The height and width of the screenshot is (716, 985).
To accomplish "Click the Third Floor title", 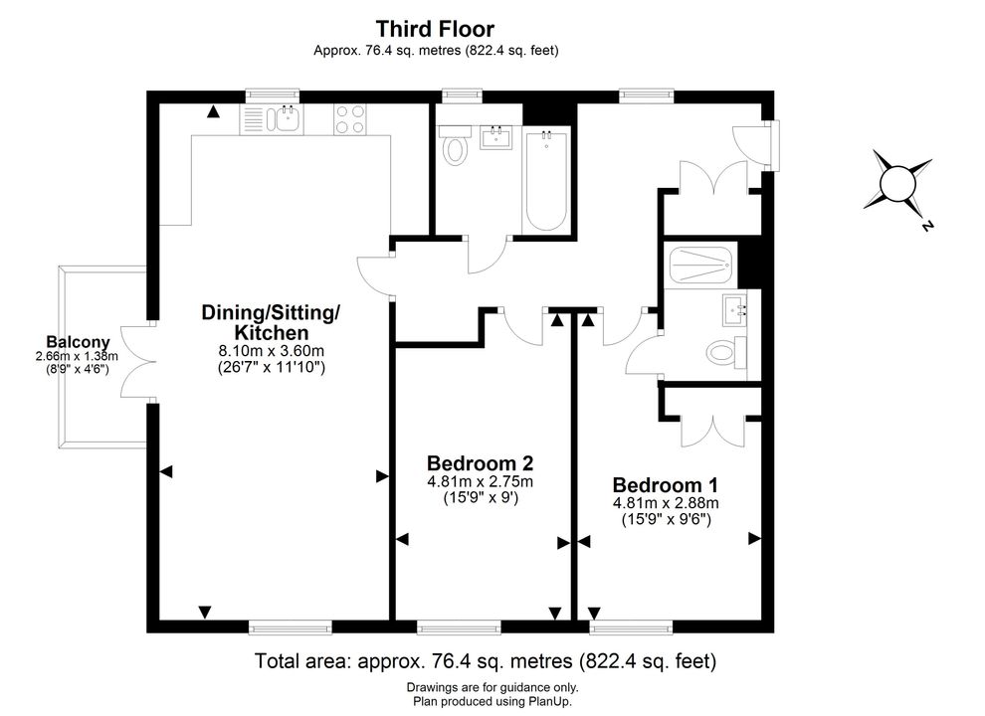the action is [x=435, y=29].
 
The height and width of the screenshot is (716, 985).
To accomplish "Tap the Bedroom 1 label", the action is [x=666, y=485].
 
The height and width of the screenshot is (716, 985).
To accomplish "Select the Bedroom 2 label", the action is [x=480, y=463].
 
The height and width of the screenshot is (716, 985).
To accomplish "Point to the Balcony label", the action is [x=78, y=342].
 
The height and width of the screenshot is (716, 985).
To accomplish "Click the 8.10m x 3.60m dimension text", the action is [x=272, y=350].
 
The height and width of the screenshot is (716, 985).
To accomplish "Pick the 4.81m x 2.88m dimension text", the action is [x=666, y=503].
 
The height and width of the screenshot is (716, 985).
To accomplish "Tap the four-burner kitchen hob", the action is [x=350, y=118].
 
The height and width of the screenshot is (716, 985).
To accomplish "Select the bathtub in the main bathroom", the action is [x=546, y=181].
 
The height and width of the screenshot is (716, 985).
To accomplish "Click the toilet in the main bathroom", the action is [x=455, y=145].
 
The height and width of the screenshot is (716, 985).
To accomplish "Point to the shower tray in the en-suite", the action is [x=700, y=266].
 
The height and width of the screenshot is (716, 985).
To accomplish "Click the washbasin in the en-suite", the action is [x=735, y=309].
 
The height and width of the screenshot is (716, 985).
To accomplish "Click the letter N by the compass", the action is [x=926, y=226].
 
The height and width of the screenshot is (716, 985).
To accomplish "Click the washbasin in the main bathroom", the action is [x=495, y=137].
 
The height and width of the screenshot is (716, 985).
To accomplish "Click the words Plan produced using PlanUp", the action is [x=492, y=701].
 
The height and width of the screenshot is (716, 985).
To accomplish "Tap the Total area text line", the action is [x=485, y=660].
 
